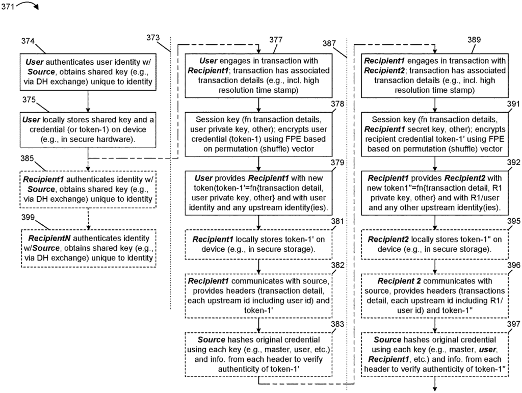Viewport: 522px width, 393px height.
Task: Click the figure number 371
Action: click(x=8, y=6)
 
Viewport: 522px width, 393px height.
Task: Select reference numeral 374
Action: click(x=28, y=41)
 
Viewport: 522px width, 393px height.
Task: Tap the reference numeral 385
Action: click(x=28, y=159)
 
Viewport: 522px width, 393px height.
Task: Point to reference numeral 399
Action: click(x=28, y=217)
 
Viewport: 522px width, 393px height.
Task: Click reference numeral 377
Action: click(x=276, y=40)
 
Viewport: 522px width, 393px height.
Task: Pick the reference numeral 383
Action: click(x=337, y=324)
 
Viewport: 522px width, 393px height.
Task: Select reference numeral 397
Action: click(x=514, y=324)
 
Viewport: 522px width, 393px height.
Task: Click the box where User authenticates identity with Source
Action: click(x=88, y=72)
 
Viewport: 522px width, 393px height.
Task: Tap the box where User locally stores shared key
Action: click(x=88, y=129)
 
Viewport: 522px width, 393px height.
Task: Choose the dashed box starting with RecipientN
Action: click(x=89, y=248)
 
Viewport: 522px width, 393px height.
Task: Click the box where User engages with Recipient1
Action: click(x=258, y=75)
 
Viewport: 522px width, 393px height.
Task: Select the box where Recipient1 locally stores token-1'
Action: click(x=258, y=244)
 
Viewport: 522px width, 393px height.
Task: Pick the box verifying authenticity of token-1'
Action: click(x=258, y=354)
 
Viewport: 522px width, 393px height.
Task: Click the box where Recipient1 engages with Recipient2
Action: click(x=435, y=75)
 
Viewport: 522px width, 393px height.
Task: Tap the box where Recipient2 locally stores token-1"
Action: click(x=435, y=244)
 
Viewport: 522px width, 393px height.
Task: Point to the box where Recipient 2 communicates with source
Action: click(x=435, y=296)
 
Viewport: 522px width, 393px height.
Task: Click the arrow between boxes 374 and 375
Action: click(x=88, y=101)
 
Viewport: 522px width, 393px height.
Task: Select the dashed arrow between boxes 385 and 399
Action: click(x=89, y=219)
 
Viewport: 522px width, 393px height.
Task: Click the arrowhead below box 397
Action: click(x=435, y=388)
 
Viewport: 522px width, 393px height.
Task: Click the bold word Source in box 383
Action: click(x=212, y=340)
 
